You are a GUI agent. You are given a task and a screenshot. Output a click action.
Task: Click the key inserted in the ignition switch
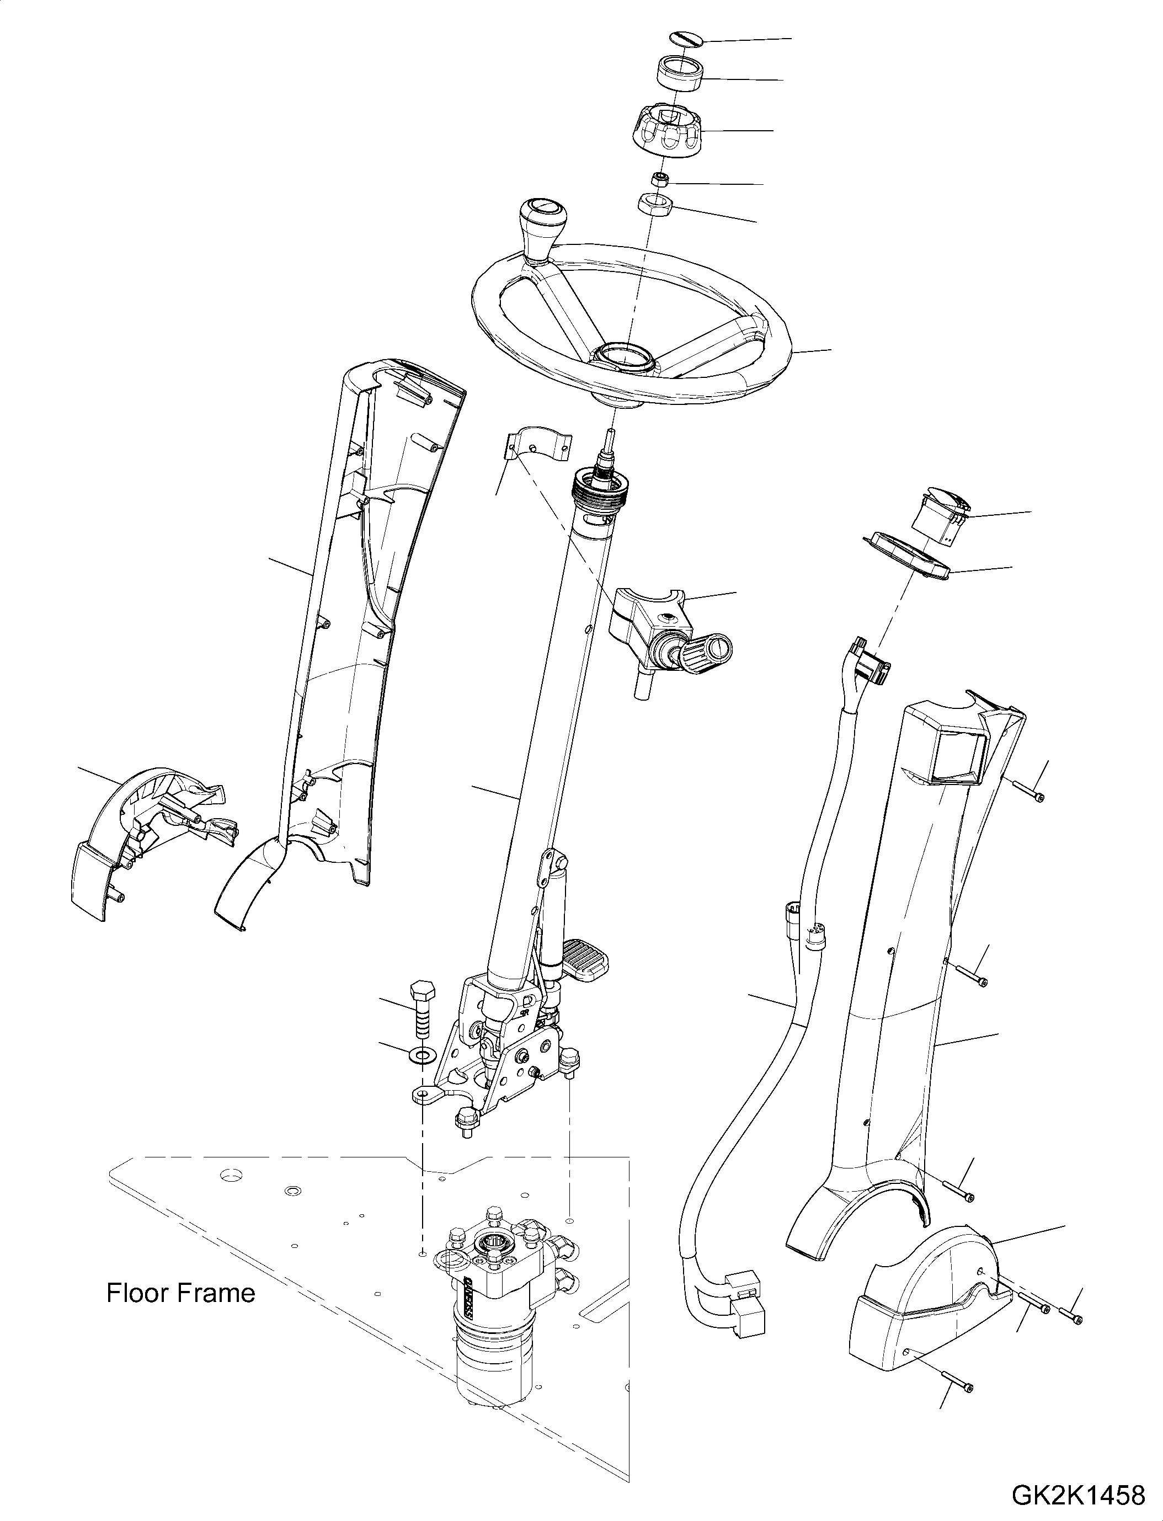pos(709,652)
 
